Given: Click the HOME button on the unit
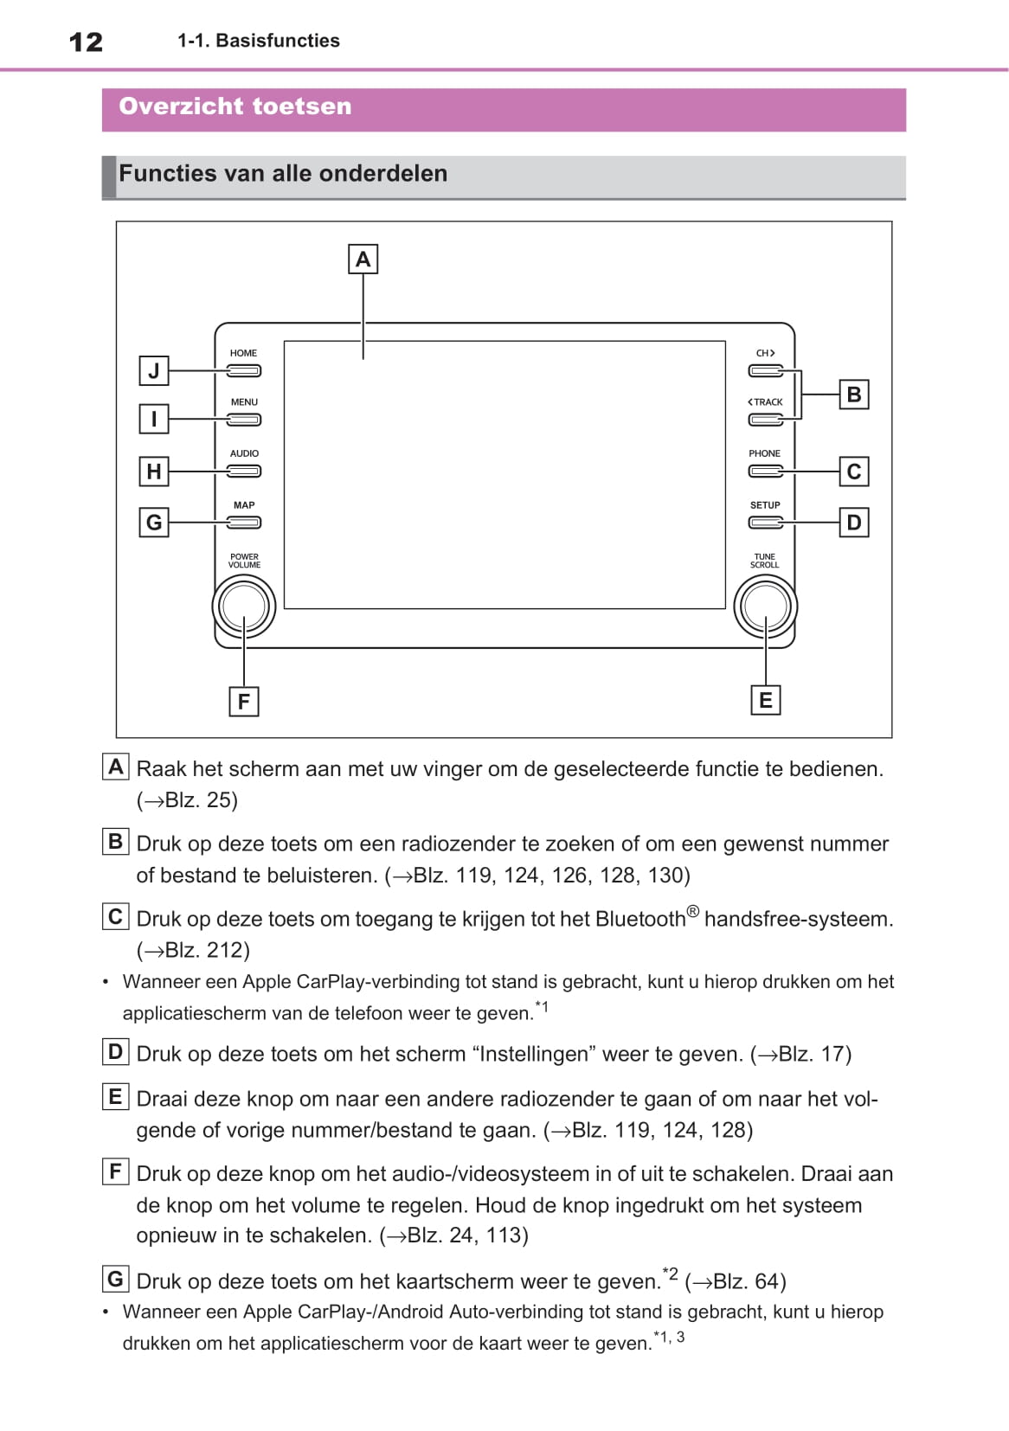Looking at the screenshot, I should pos(244,371).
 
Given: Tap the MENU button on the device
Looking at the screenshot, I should pos(244,420).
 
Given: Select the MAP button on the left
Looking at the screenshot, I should pos(244,523).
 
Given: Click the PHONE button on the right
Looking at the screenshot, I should pos(765,472).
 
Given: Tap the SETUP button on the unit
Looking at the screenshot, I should pos(765,523).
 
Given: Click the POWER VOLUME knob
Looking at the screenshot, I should pos(244,606).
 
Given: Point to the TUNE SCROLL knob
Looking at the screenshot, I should pos(765,606).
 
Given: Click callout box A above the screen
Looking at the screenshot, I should pos(363,259).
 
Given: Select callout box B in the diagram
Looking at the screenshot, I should pos(854,395).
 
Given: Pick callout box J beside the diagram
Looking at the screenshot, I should pos(154,371).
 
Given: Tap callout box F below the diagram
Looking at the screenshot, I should pos(244,701).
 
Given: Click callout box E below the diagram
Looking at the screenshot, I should pos(765,700).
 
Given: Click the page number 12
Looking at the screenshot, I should pos(86,42).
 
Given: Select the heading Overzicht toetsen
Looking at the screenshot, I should pos(235,106).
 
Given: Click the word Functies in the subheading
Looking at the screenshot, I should pos(168,174).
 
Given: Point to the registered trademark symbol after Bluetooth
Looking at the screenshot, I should pos(692,911).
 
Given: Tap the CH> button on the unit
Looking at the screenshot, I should pos(765,371).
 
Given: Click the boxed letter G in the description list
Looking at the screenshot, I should pos(115,1279).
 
